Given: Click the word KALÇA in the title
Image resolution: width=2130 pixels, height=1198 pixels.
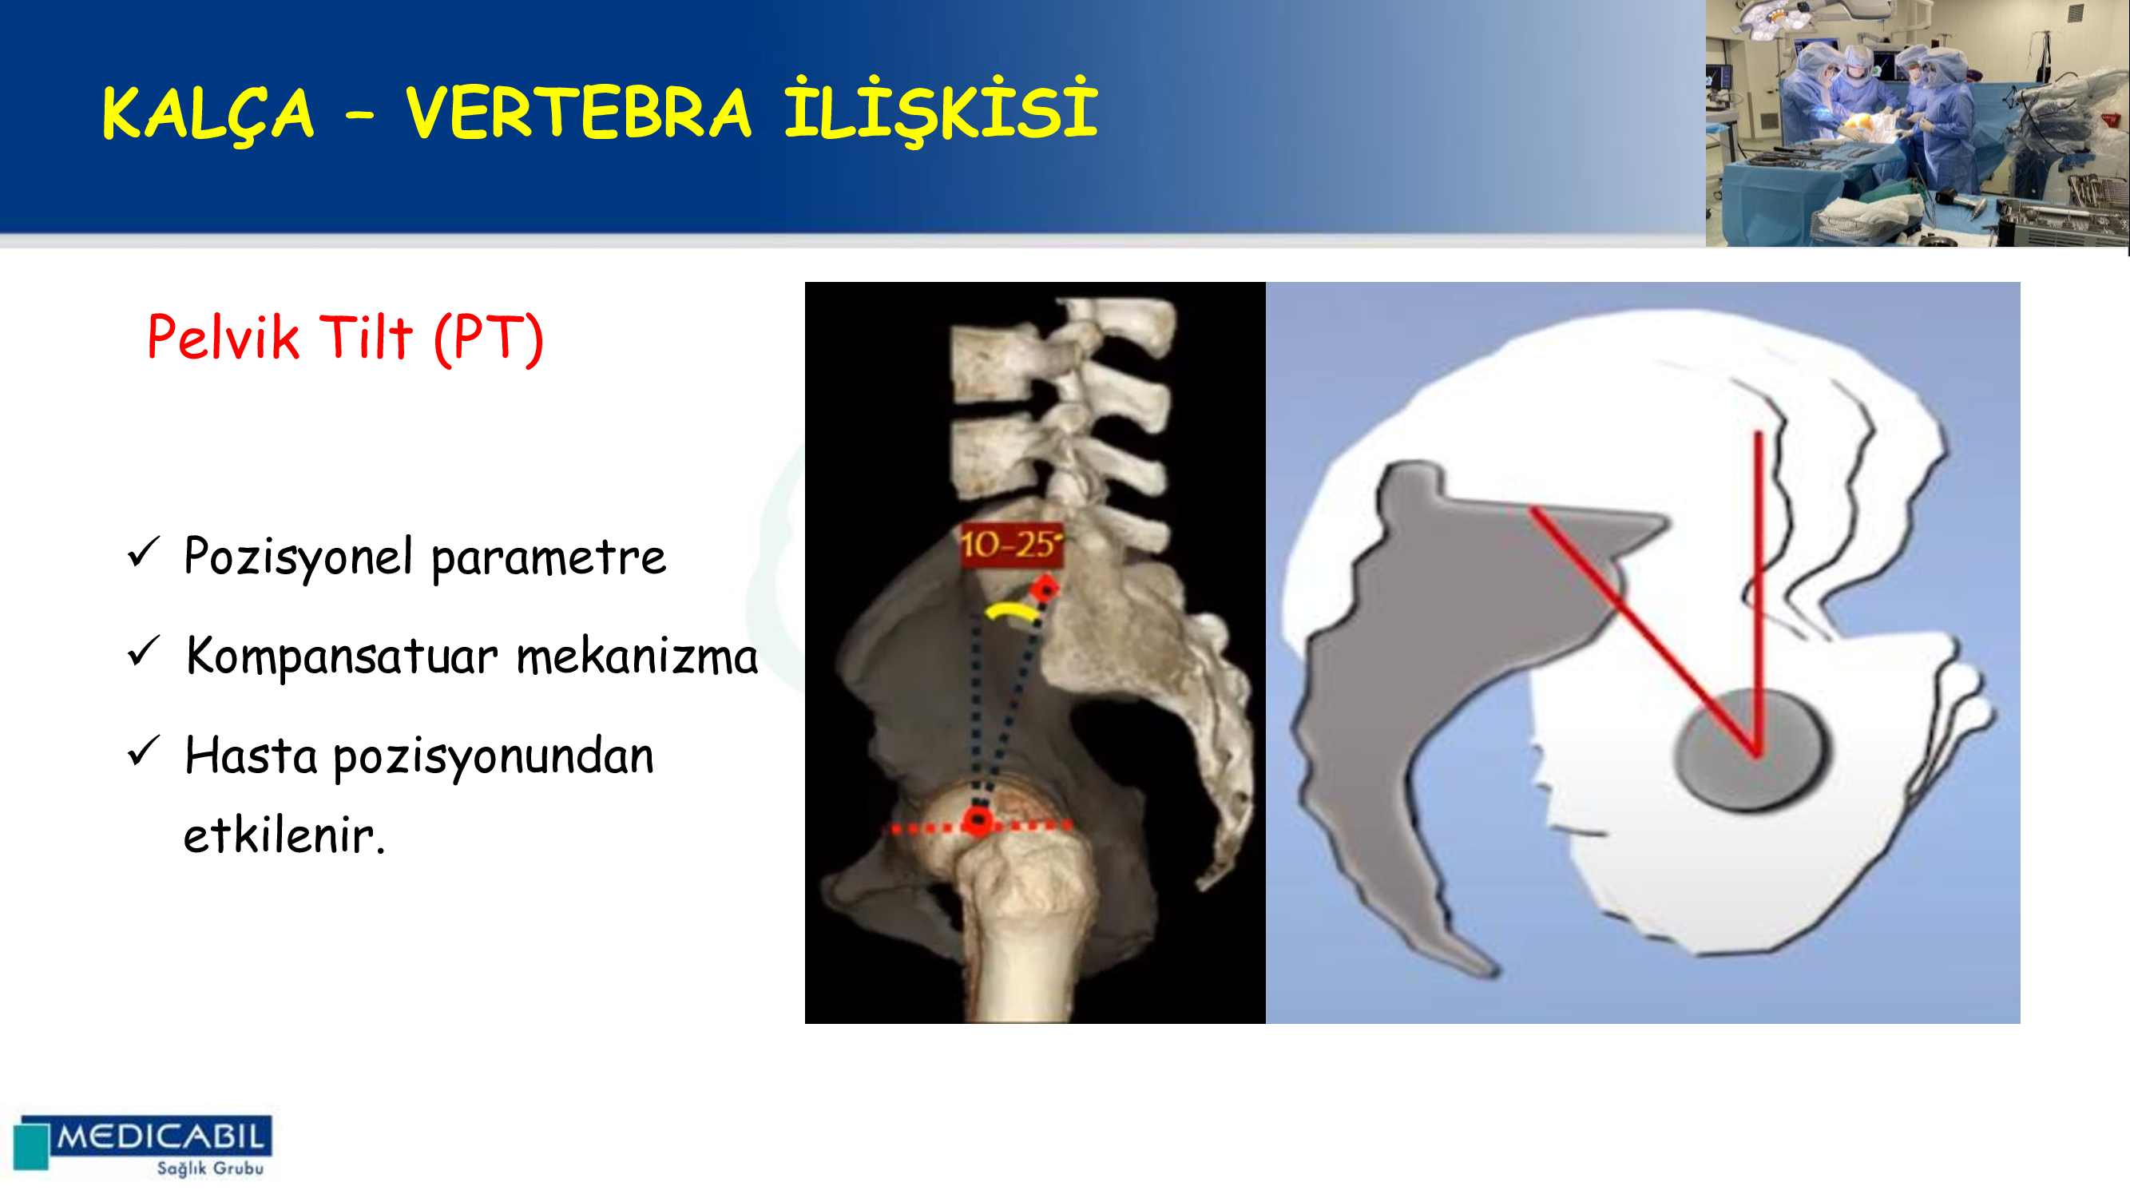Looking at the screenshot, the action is click(208, 115).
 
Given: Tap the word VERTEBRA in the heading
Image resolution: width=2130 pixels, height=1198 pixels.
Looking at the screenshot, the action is click(578, 113).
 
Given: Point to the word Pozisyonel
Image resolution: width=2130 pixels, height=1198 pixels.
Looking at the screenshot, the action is click(298, 558).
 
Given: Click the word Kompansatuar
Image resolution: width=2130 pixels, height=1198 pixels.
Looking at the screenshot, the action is click(343, 657).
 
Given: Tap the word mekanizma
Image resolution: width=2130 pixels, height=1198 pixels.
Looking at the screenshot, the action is click(637, 657).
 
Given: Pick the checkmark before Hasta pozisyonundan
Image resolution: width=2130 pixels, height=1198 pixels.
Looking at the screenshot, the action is click(143, 751).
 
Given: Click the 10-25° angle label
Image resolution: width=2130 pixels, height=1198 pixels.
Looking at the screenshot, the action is click(1010, 545).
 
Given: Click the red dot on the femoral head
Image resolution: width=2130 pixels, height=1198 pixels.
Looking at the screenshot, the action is click(979, 821).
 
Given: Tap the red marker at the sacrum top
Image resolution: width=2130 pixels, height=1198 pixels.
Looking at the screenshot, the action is click(1045, 589).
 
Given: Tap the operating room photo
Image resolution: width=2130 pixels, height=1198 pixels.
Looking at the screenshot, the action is click(1918, 123).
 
